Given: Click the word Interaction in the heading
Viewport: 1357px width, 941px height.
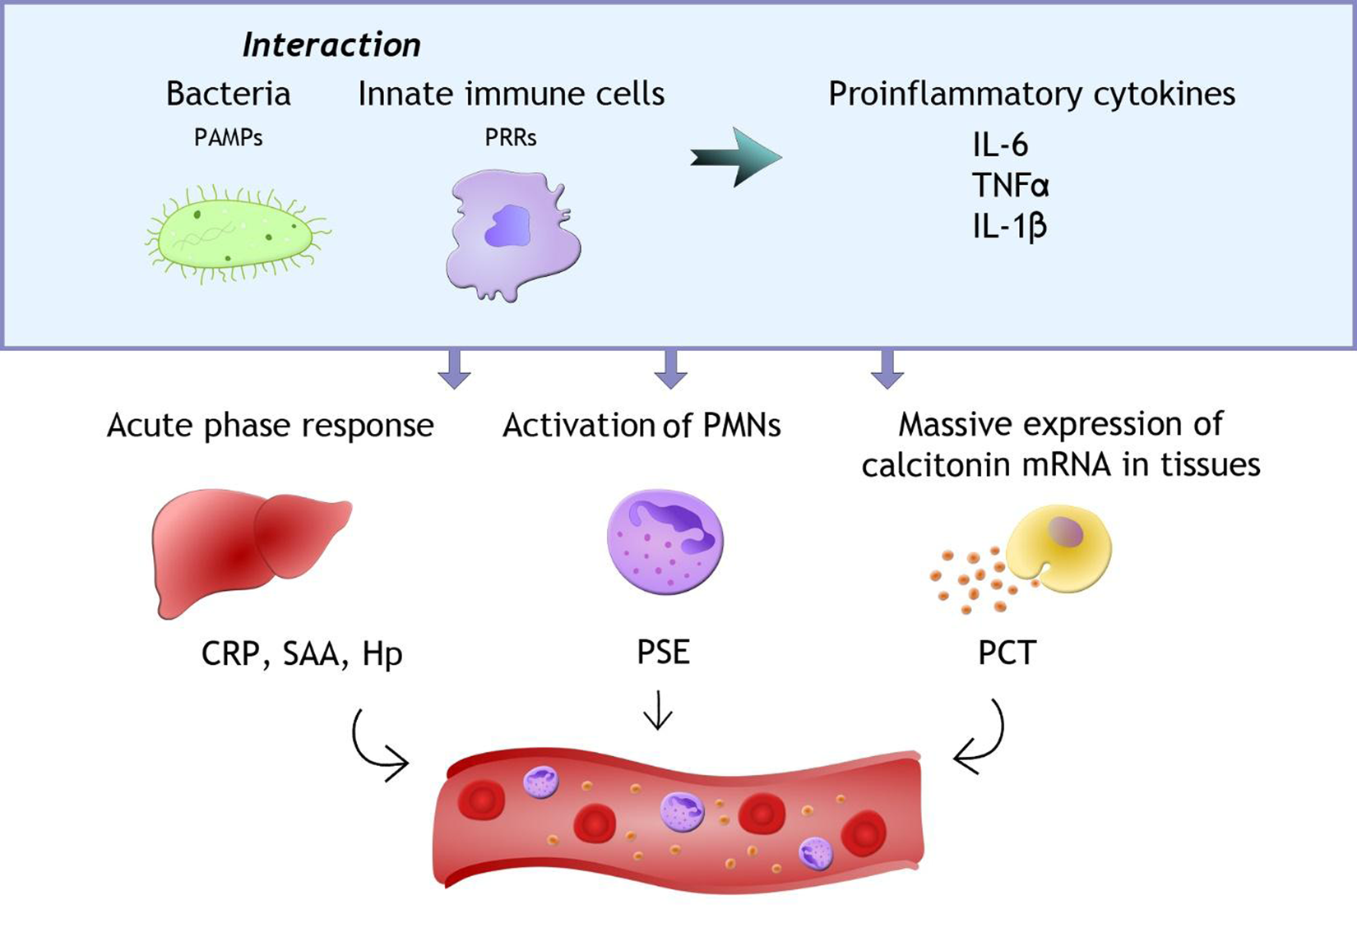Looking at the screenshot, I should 331,45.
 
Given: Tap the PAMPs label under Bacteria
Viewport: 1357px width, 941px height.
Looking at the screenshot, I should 229,138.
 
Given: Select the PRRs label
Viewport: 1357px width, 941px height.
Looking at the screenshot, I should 511,138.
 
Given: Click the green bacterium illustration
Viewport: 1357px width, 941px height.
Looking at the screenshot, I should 235,233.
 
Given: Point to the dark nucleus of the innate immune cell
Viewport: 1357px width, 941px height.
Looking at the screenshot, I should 507,227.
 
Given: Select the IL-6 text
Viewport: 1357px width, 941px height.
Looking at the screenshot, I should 1000,145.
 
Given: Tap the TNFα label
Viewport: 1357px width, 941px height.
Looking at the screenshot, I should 1010,186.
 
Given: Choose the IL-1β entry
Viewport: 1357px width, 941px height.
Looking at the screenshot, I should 1009,226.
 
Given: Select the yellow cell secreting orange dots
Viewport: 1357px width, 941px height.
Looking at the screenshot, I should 1059,547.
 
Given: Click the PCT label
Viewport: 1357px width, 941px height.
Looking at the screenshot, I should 1007,653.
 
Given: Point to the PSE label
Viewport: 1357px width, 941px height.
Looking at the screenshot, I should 663,653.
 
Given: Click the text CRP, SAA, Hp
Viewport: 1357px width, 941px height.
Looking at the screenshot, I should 302,655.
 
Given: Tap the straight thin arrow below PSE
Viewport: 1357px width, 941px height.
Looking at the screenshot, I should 658,711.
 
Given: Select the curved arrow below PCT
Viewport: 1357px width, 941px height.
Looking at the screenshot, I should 983,740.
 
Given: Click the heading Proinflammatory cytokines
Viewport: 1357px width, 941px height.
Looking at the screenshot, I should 1031,95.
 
